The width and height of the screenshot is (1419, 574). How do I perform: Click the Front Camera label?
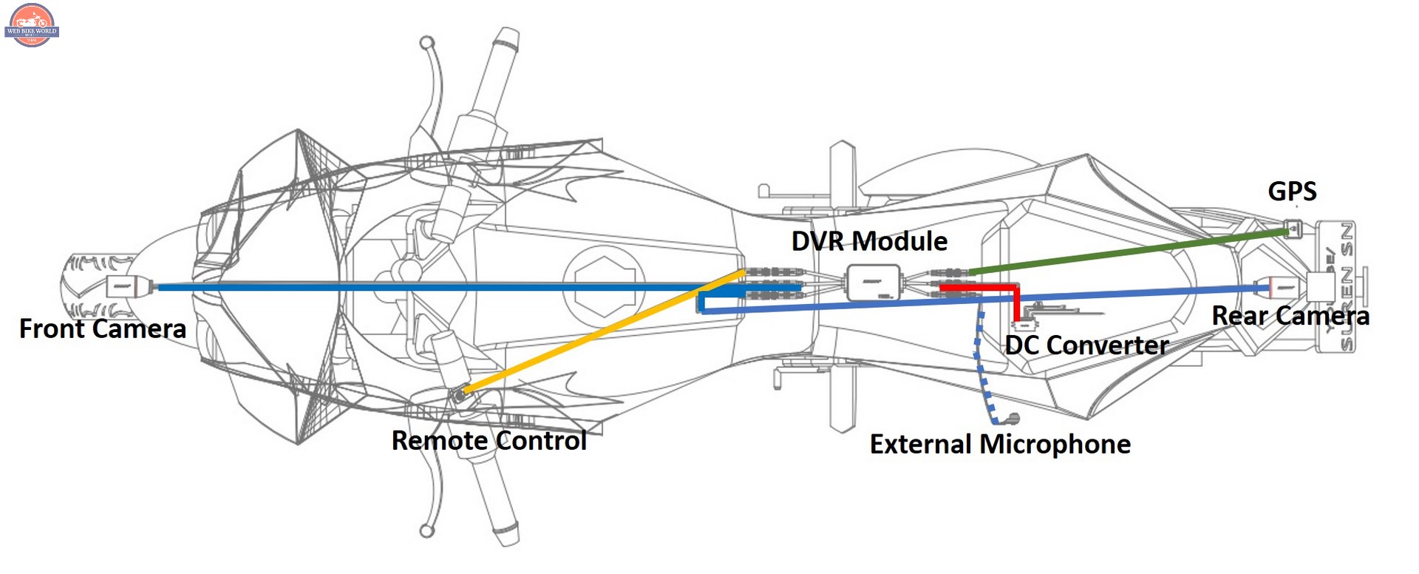pos(102,328)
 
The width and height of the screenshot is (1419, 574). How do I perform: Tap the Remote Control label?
pos(489,441)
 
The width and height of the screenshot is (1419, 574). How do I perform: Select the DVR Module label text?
pos(869,241)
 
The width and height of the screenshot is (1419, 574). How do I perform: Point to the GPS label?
pos(1292,192)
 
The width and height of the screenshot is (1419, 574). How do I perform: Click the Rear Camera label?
pos(1290,317)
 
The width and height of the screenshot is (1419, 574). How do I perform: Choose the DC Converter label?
pos(1086,345)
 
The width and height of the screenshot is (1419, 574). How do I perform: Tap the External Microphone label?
pos(1000,445)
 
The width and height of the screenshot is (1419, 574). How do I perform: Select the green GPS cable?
pos(1131,251)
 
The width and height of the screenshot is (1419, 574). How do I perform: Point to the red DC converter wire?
pos(1016,300)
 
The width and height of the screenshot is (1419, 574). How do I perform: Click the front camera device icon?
pos(123,286)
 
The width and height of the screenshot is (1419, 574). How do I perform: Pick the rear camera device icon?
pos(1284,286)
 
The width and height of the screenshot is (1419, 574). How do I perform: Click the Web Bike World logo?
pos(31,25)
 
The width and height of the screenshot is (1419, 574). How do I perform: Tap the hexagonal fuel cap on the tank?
pos(605,285)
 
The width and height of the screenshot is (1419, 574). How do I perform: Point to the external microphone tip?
pos(1012,419)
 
